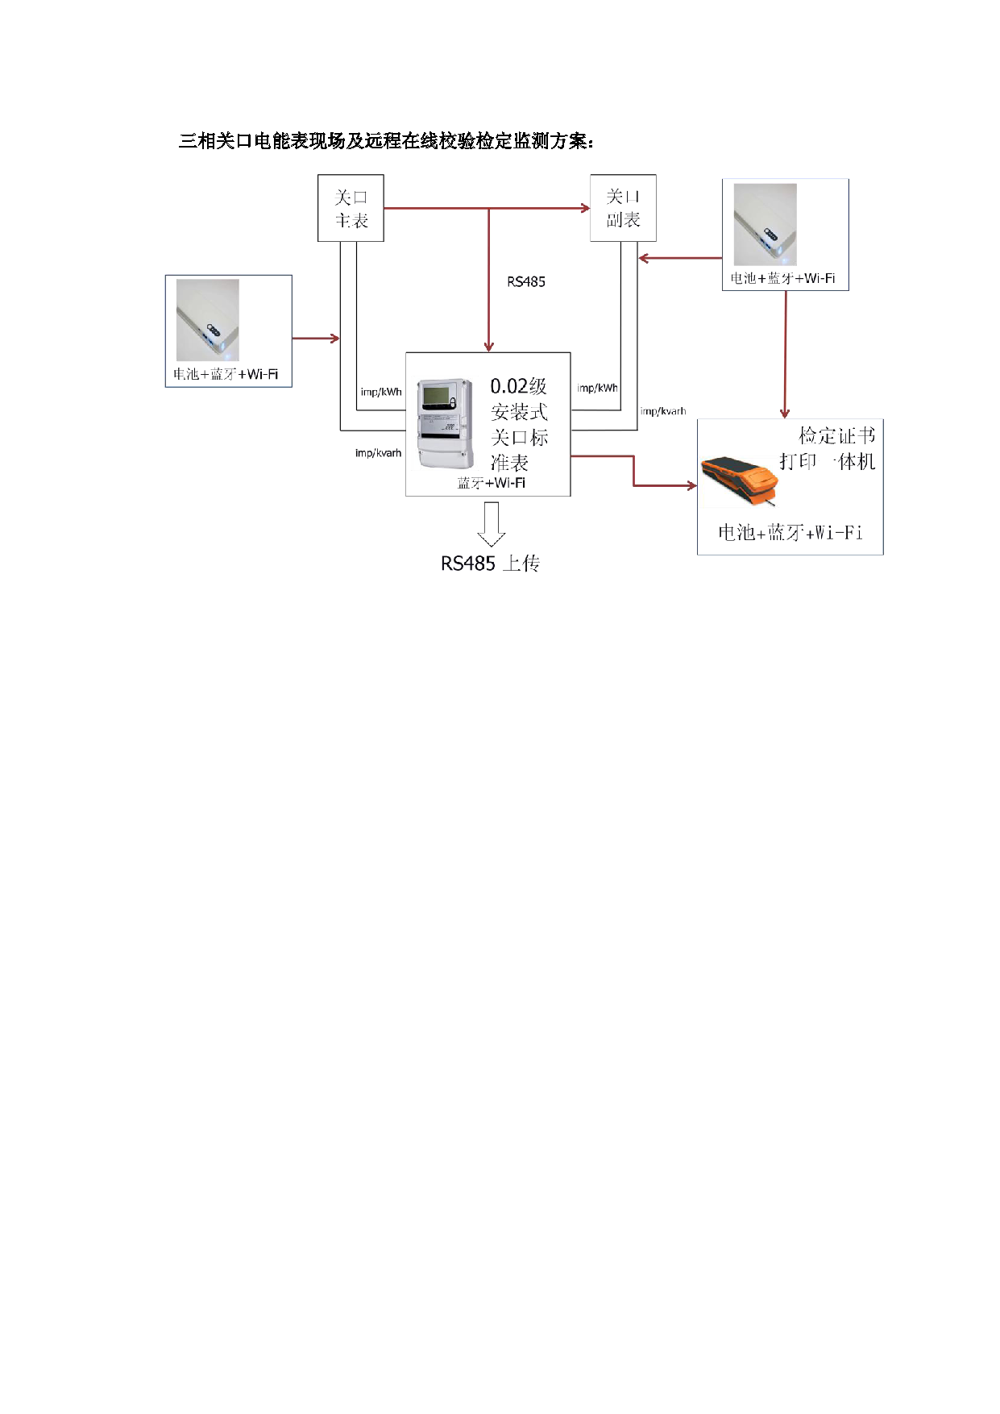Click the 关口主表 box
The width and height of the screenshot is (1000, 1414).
[x=351, y=208]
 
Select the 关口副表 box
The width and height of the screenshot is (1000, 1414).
[x=623, y=208]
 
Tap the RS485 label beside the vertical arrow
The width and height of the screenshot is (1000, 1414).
[x=526, y=281]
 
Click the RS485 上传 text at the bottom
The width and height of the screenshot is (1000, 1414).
[x=490, y=564]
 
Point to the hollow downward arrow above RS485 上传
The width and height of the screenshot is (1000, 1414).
[x=491, y=524]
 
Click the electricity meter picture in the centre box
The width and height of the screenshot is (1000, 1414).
[x=445, y=423]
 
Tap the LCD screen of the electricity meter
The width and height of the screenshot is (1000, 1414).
[x=436, y=396]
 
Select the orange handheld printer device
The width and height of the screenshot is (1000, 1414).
[x=740, y=481]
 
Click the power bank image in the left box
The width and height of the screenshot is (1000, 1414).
[x=208, y=321]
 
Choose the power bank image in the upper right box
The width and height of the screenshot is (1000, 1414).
[x=765, y=225]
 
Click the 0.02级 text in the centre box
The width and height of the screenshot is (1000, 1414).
[x=519, y=386]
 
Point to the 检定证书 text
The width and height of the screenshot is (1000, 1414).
[x=836, y=436]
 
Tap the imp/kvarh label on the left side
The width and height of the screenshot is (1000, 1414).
[x=378, y=453]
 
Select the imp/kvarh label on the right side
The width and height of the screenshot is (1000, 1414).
[x=663, y=411]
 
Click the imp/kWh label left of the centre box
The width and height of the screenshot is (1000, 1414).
[x=381, y=392]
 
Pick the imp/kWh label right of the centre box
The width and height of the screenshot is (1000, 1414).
[x=597, y=388]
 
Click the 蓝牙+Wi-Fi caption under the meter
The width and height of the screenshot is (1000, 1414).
[x=492, y=483]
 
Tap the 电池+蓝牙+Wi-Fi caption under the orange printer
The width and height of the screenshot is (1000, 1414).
[x=790, y=532]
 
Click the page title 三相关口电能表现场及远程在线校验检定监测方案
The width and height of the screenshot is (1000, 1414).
[x=387, y=141]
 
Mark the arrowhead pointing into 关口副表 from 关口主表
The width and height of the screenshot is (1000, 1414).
[x=585, y=208]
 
